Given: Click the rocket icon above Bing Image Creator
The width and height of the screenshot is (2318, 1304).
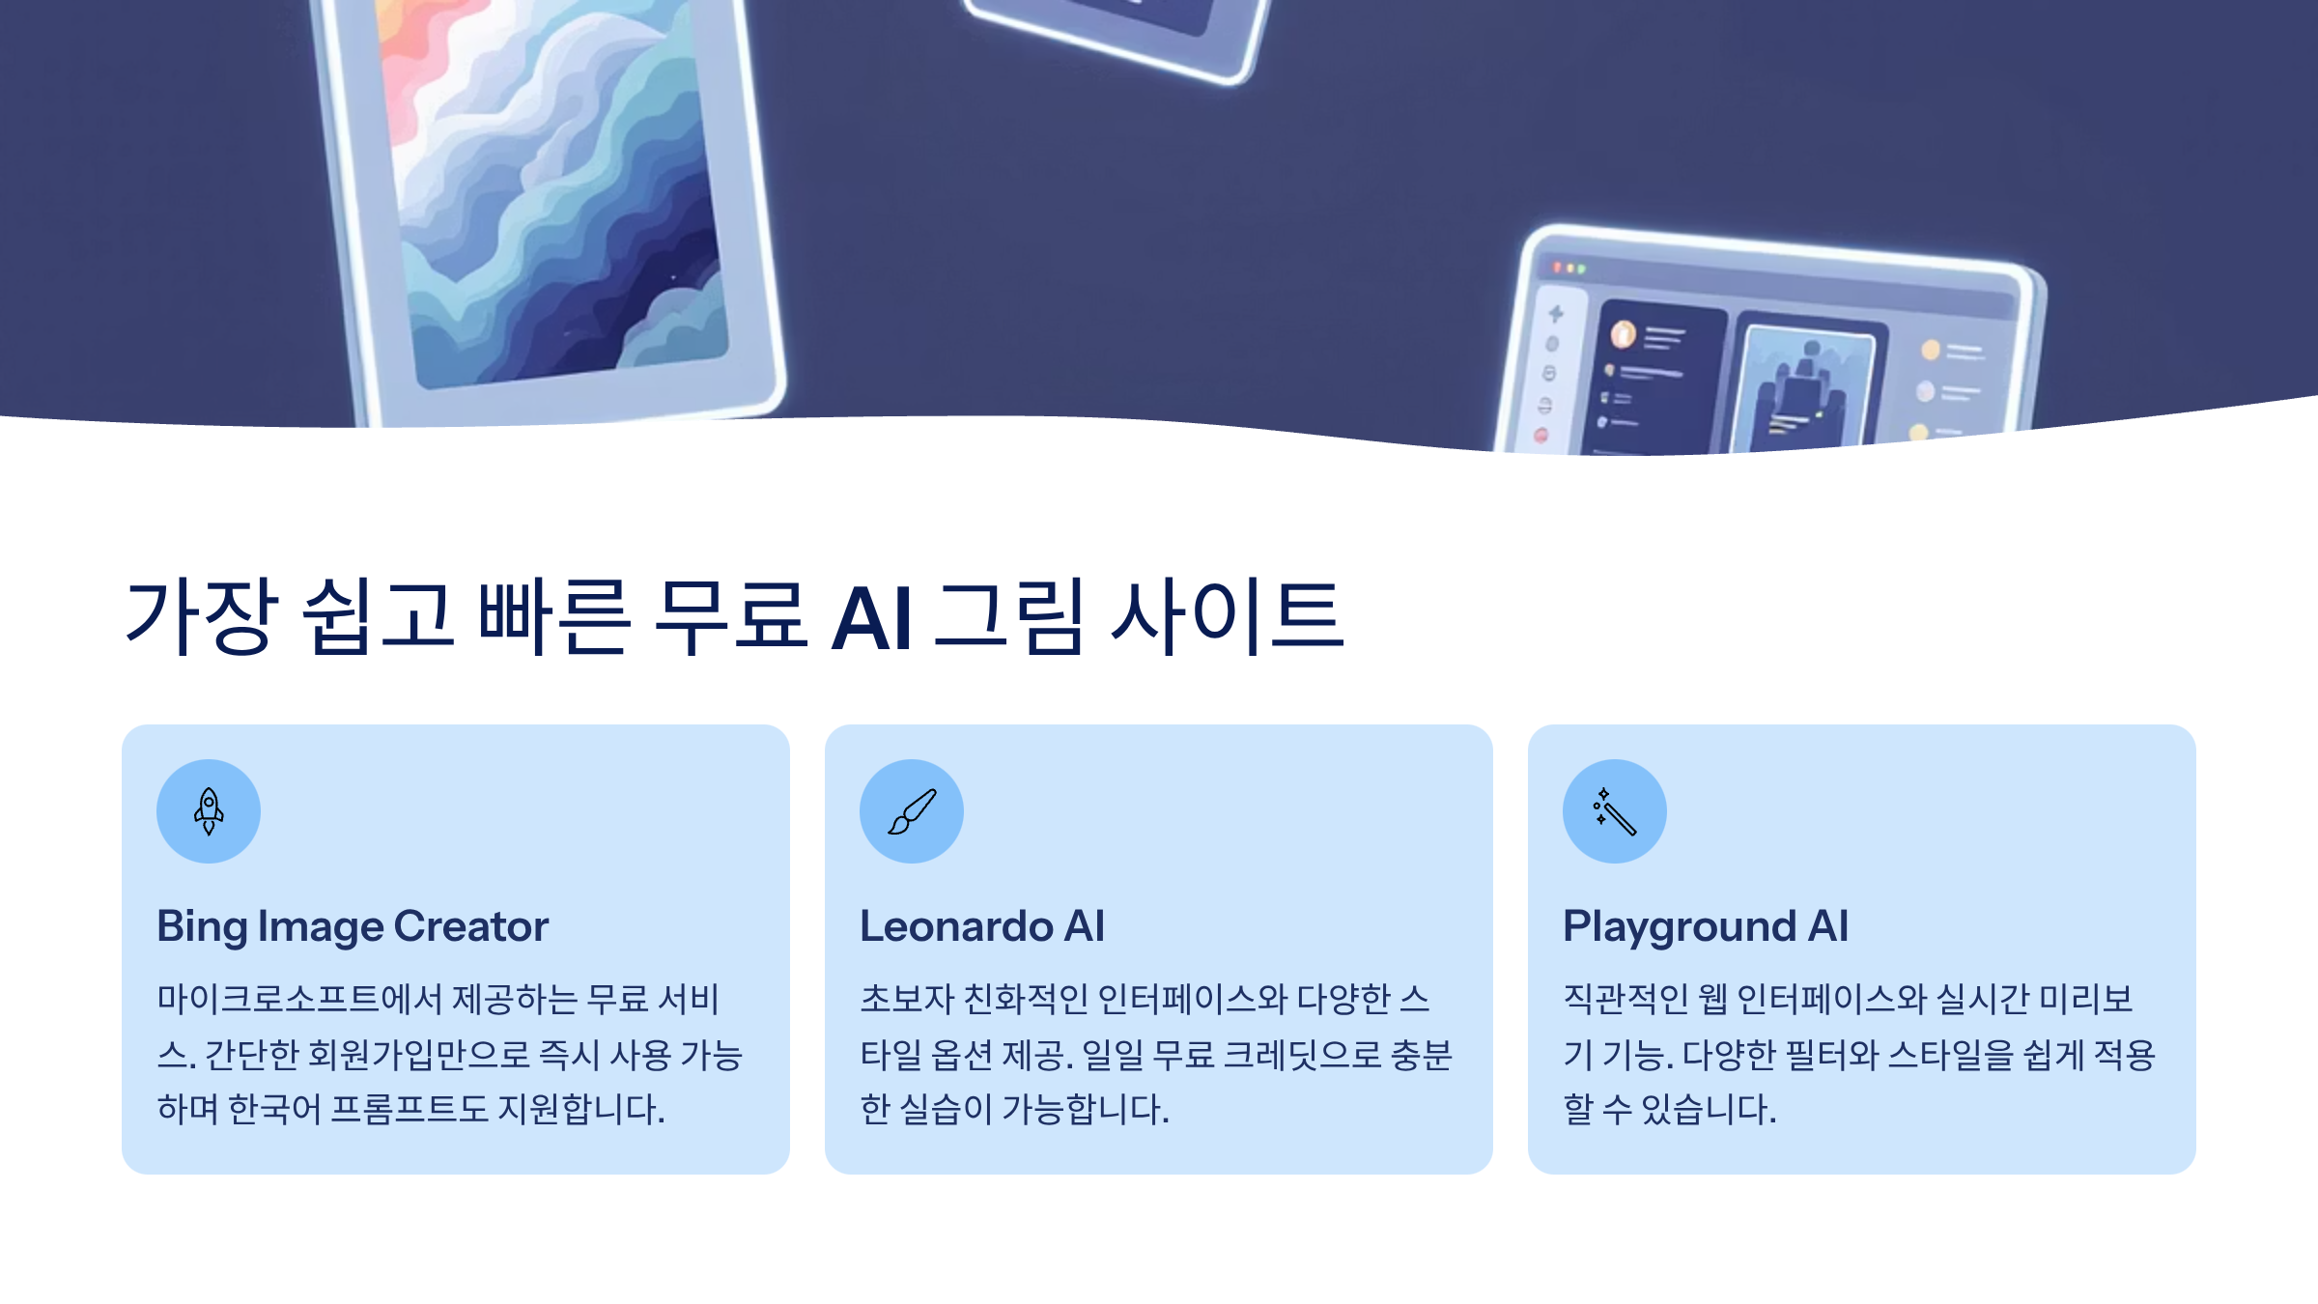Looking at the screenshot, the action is point(209,811).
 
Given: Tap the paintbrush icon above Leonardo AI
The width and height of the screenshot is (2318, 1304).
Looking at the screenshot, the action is point(912,811).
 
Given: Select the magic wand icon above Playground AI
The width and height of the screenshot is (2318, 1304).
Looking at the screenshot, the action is point(1615,811).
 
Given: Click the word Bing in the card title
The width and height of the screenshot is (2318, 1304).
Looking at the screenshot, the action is point(202,927).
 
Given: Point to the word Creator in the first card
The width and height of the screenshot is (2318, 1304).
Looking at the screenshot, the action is point(471,926).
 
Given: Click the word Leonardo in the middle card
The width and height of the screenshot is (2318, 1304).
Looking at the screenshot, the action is point(955,926).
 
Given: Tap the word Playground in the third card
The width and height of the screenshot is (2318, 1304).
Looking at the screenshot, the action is point(1680,927).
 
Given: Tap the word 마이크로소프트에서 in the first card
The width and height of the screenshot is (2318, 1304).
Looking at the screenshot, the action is point(299,999).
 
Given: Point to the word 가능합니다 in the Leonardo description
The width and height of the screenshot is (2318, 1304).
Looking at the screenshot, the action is point(1086,1109).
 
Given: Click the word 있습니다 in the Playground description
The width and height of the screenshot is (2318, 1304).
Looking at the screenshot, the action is point(1709,1109).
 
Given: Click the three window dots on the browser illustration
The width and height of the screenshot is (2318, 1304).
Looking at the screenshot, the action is point(1569,268).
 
